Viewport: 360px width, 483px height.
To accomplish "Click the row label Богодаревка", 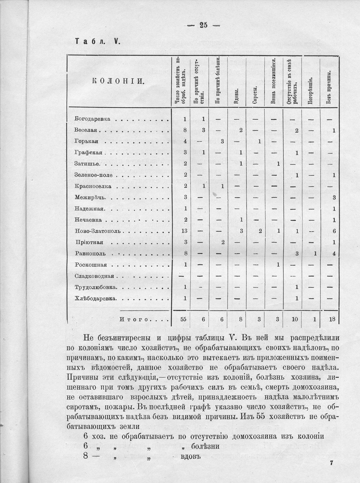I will (x=93, y=118).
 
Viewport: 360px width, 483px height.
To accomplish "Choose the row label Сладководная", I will (x=95, y=276).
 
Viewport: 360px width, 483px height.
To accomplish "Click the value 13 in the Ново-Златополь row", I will (x=184, y=231).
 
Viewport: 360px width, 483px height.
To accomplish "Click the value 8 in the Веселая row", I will (x=185, y=130).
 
